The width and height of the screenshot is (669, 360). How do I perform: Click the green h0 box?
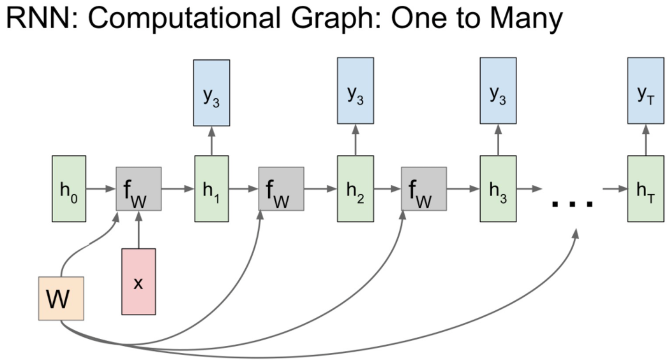pyautogui.click(x=68, y=190)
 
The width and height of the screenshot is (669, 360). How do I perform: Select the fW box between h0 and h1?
pyautogui.click(x=139, y=190)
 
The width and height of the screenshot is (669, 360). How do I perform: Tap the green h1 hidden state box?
pyautogui.click(x=211, y=190)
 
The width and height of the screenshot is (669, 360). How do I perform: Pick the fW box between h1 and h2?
pyautogui.click(x=282, y=190)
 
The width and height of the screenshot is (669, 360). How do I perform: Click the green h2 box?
pyautogui.click(x=355, y=190)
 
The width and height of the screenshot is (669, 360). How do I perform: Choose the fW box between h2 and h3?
pyautogui.click(x=424, y=190)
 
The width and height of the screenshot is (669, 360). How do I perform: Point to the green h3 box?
pyautogui.click(x=498, y=190)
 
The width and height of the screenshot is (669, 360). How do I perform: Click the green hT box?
pyautogui.click(x=645, y=190)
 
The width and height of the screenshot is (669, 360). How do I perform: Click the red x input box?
pyautogui.click(x=139, y=281)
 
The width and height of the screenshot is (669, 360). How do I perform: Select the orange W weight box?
pyautogui.click(x=61, y=298)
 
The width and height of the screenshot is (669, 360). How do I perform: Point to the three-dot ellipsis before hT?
pyautogui.click(x=573, y=204)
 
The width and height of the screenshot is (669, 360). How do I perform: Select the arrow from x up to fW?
pyautogui.click(x=139, y=230)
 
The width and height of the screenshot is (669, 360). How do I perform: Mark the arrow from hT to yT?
pyautogui.click(x=645, y=140)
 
